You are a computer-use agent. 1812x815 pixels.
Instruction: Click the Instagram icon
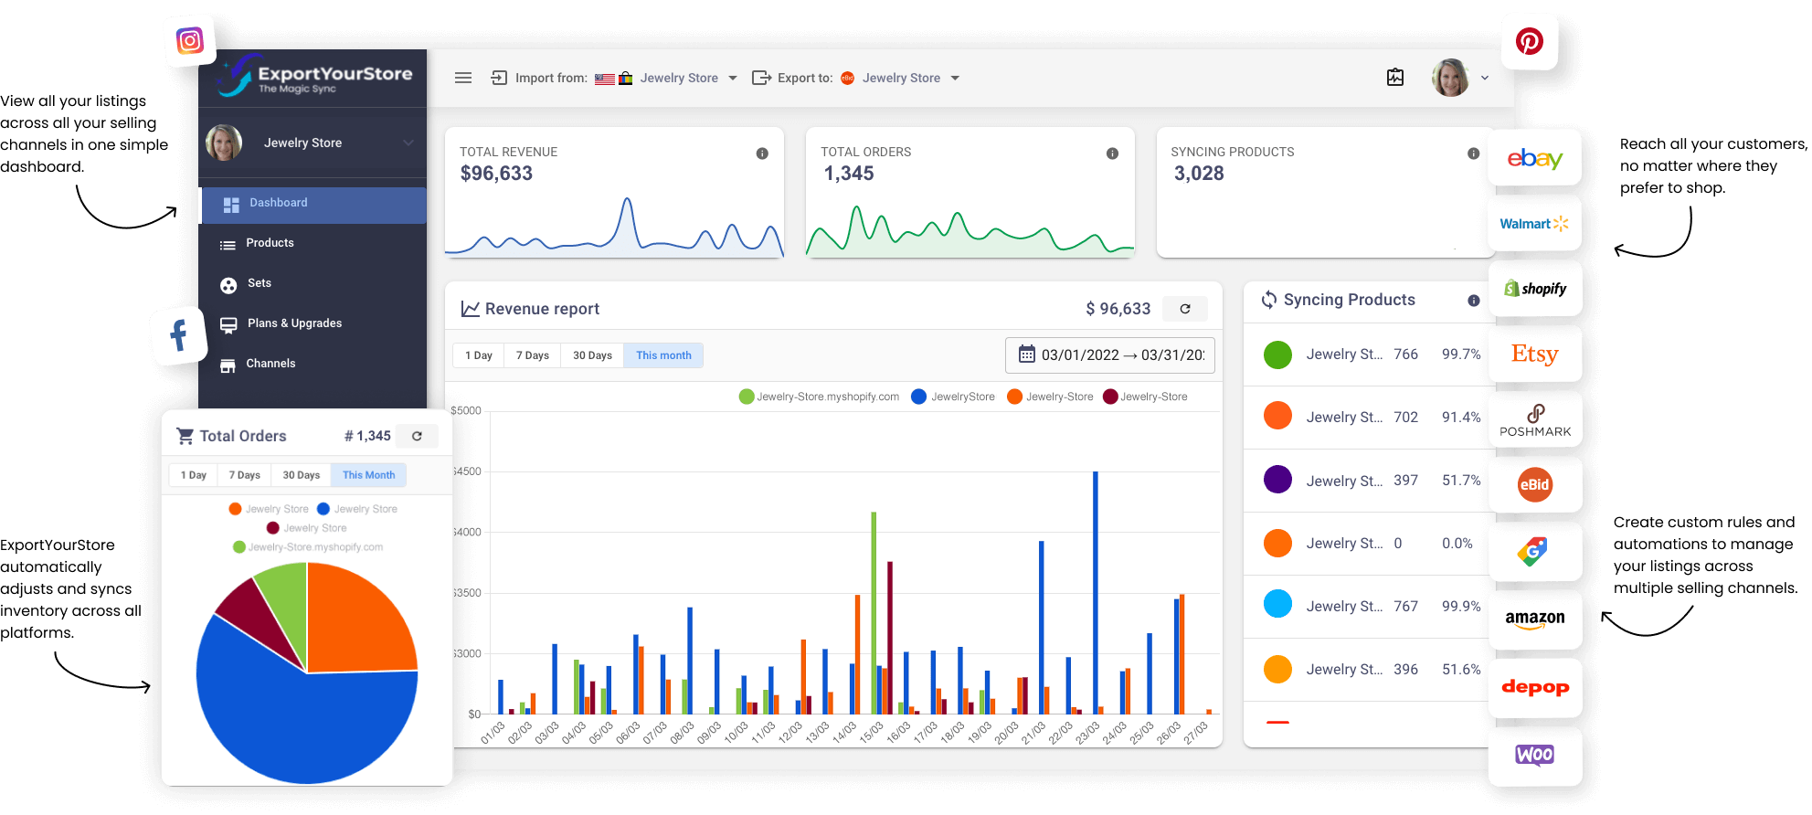click(190, 40)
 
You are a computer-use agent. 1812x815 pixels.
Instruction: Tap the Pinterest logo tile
click(1529, 41)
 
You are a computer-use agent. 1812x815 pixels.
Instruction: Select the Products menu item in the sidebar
click(270, 243)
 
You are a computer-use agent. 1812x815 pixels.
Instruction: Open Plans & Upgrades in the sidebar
click(293, 323)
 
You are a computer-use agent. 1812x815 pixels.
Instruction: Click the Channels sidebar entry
click(270, 364)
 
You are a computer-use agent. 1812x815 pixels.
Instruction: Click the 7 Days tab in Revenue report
click(532, 355)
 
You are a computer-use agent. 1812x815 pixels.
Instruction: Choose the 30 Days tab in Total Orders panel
click(301, 475)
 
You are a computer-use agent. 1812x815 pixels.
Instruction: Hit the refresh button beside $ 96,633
click(1184, 309)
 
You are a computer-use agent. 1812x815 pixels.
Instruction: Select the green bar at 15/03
click(874, 612)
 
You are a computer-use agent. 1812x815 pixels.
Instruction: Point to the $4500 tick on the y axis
click(467, 471)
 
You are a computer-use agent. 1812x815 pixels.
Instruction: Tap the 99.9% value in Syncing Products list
click(1460, 607)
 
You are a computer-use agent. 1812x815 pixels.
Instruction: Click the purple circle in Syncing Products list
click(1277, 480)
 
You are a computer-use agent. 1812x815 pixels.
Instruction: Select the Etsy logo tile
click(1534, 355)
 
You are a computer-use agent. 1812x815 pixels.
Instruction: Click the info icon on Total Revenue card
click(762, 153)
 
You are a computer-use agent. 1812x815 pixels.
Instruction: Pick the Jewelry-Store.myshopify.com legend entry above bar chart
click(820, 397)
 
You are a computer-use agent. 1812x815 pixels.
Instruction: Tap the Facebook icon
click(179, 335)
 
